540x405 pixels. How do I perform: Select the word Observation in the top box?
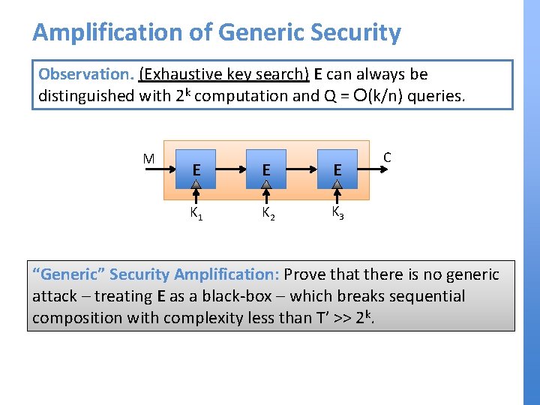tap(84, 74)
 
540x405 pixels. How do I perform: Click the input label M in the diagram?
tap(148, 158)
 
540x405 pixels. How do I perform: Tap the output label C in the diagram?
tap(387, 157)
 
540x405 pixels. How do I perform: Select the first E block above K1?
tap(195, 170)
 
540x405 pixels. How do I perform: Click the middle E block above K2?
tap(266, 170)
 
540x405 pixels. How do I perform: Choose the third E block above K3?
tap(337, 170)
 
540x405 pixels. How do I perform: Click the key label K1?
tap(195, 214)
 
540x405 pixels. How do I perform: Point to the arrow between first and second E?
tap(230, 169)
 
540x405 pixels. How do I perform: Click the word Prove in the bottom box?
tap(304, 274)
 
